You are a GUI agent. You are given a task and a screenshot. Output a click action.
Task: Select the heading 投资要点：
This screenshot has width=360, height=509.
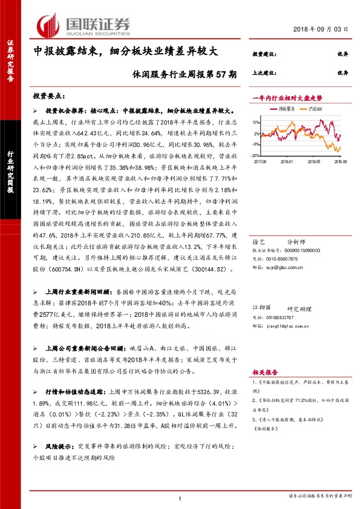click(50, 96)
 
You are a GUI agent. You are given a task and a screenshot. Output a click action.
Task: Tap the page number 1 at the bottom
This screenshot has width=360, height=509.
click(180, 498)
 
